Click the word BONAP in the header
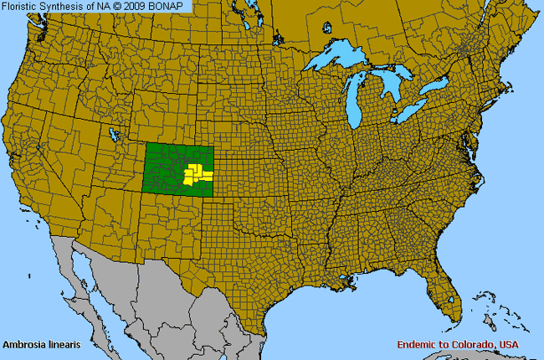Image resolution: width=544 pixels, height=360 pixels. (x=170, y=6)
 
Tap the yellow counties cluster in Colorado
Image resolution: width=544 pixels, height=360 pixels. (x=198, y=174)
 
